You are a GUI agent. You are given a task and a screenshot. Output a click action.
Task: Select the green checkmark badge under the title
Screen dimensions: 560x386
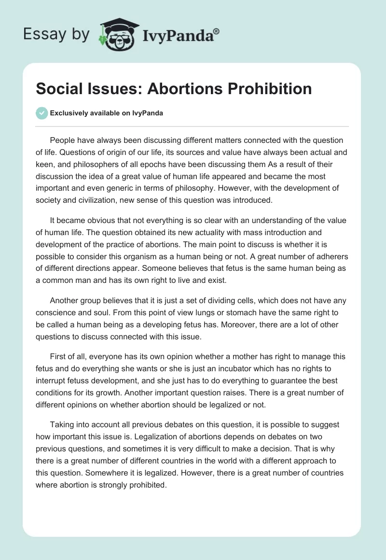click(x=41, y=113)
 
